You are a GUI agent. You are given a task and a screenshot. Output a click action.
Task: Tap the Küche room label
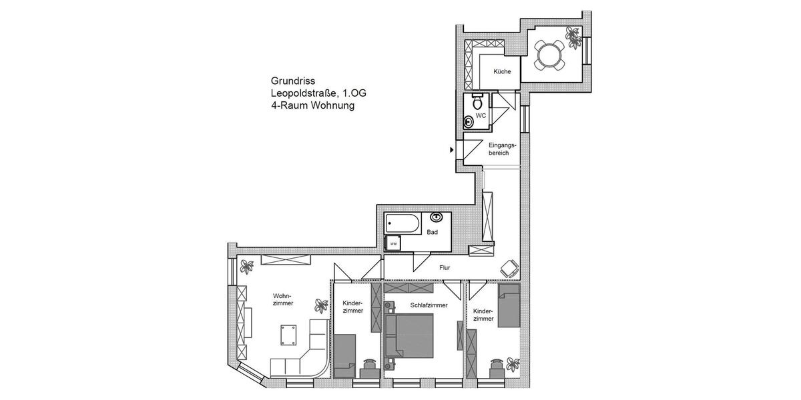tap(502, 72)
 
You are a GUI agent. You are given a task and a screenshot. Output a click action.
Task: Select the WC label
tap(480, 116)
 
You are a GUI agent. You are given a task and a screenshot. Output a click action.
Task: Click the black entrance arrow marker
tap(453, 149)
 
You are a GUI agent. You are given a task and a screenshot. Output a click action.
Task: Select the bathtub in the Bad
tap(403, 224)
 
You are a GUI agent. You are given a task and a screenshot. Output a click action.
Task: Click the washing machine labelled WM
tap(393, 243)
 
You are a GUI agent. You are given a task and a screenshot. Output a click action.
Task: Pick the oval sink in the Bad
tap(438, 217)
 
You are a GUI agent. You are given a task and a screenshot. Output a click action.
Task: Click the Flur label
tap(445, 267)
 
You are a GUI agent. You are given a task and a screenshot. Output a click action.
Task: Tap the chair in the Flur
tap(510, 267)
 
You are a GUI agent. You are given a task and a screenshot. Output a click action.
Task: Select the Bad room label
tap(433, 232)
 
